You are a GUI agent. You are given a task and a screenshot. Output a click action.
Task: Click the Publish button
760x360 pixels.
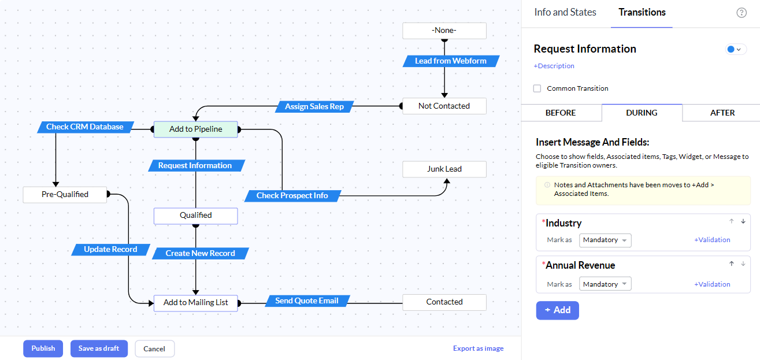click(43, 348)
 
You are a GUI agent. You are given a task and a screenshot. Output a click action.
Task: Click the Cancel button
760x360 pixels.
click(154, 349)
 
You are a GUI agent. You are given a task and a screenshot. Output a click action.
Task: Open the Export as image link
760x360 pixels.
click(478, 348)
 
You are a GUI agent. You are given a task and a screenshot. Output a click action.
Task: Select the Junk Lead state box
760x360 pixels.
click(444, 169)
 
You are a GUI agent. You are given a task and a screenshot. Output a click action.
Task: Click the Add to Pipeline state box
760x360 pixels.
click(196, 129)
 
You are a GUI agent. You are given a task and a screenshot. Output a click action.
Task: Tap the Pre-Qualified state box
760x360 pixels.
click(65, 194)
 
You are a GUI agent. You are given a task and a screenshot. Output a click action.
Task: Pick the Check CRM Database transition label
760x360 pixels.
click(85, 127)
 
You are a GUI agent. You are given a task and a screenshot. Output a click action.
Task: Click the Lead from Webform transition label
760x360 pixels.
click(451, 61)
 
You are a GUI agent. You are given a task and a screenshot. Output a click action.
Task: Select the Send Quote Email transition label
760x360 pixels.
click(307, 301)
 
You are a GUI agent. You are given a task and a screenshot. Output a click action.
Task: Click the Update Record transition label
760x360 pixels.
click(110, 250)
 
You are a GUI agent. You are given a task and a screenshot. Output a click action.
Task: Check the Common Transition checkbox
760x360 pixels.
click(537, 88)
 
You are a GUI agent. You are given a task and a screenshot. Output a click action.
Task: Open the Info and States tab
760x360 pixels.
click(565, 12)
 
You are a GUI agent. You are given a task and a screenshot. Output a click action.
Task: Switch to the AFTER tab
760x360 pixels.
click(722, 113)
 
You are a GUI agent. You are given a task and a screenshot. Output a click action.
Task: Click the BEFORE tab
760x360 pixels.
click(561, 113)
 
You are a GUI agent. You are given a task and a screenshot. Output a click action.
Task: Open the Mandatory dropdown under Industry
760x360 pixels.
click(605, 240)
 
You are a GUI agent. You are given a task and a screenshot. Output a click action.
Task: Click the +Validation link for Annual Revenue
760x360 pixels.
click(712, 284)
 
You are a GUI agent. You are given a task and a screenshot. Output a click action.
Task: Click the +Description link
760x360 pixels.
click(554, 66)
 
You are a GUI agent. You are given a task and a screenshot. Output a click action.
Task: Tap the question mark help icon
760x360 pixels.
click(742, 13)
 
